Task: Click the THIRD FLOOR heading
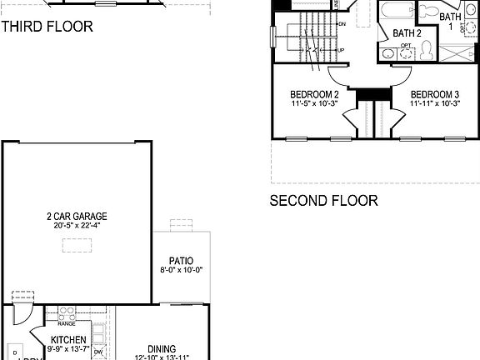click(47, 27)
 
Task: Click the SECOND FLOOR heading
click(323, 201)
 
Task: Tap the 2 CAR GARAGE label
click(77, 217)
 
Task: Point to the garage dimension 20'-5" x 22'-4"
click(77, 226)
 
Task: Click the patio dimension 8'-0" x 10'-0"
click(181, 270)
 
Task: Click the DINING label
click(162, 349)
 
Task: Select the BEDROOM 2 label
click(313, 95)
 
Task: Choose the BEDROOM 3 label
click(434, 95)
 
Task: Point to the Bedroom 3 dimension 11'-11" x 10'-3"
click(434, 105)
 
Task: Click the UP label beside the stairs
click(340, 51)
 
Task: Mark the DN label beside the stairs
click(342, 24)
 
